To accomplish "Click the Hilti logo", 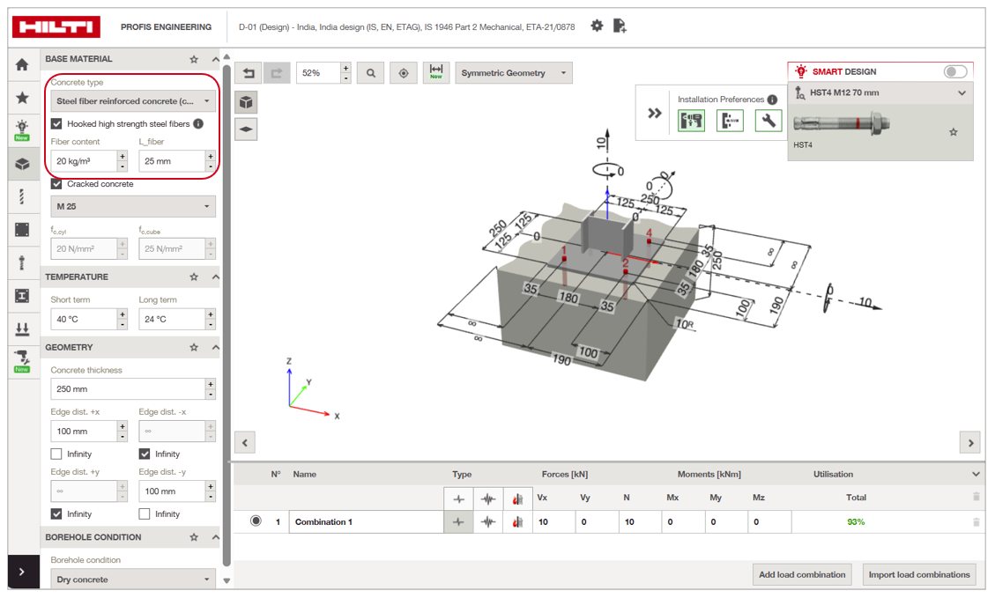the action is click(56, 26).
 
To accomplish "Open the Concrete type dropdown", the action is click(133, 100).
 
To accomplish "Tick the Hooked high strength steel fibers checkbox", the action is click(56, 123).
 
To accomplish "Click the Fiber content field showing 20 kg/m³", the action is click(84, 161).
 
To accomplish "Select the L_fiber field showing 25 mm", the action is click(171, 161).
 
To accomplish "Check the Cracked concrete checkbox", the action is click(56, 184).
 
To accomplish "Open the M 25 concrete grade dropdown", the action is click(133, 206).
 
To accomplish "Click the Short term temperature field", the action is click(84, 319).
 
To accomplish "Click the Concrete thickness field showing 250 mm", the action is click(128, 388).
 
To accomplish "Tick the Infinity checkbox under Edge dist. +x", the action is click(56, 454).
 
